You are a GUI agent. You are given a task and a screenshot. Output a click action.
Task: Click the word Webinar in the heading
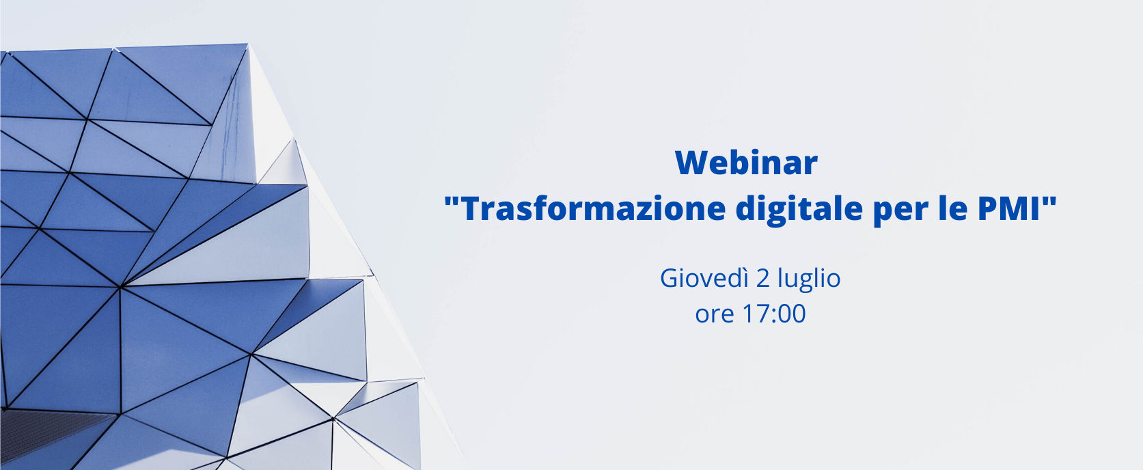pos(746,163)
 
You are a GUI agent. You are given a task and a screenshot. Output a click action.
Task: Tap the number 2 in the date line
pos(763,279)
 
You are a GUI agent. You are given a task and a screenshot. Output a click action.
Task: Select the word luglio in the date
pos(810,280)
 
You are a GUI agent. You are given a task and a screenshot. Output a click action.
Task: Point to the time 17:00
pos(775,314)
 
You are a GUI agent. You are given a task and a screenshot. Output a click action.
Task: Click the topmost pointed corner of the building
pos(248,44)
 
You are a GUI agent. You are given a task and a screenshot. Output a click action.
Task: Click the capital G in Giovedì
pos(670,279)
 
